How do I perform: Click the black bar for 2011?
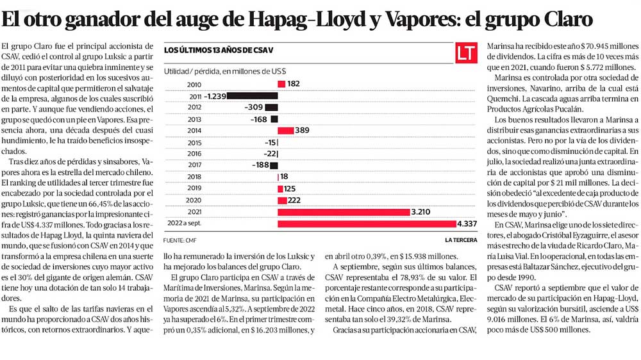[252, 96]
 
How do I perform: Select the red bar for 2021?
[344, 212]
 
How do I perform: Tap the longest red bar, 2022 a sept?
[367, 224]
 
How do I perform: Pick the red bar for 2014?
[286, 131]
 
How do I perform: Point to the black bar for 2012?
[271, 108]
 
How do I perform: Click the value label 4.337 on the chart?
[467, 224]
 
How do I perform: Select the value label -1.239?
[215, 97]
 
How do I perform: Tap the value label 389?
[302, 130]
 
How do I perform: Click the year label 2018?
[195, 177]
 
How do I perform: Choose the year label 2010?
[194, 85]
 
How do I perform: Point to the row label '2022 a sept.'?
[185, 223]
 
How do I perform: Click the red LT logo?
[467, 53]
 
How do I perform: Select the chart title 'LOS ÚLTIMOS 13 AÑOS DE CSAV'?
[219, 50]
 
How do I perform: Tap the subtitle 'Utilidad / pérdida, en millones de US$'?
[225, 71]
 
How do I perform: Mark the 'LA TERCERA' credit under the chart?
[461, 240]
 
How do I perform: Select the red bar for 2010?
[281, 84]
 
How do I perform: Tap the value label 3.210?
[420, 212]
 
